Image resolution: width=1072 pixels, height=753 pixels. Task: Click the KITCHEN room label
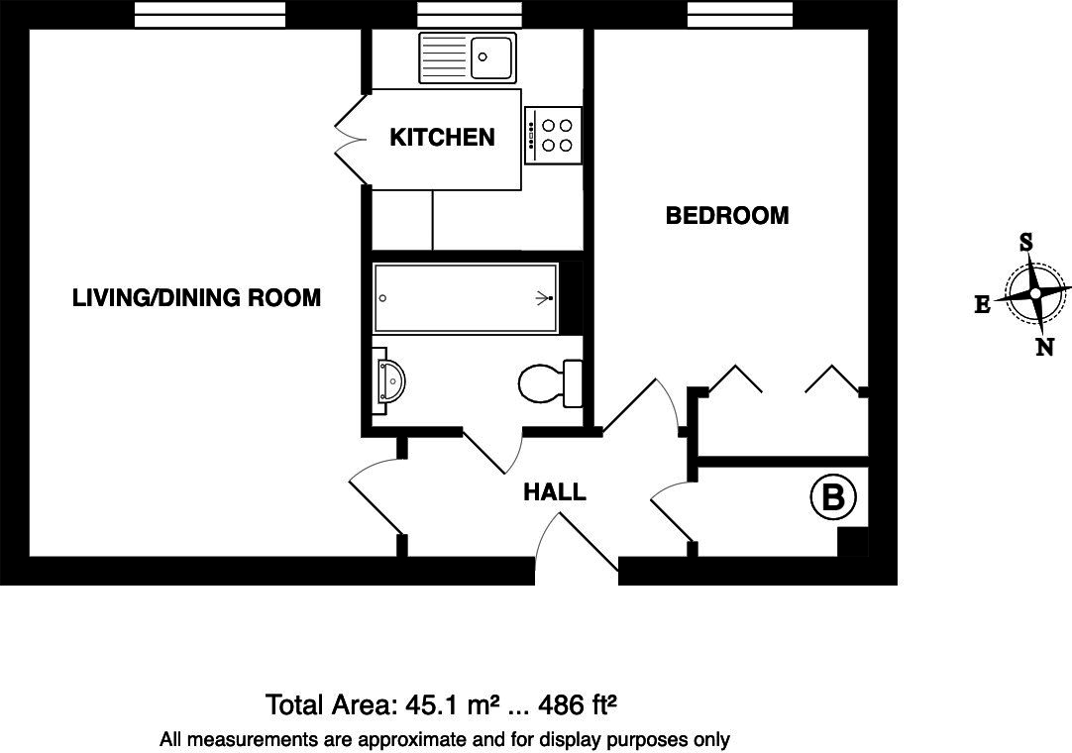point(442,138)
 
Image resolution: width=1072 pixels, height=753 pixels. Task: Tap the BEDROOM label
point(726,216)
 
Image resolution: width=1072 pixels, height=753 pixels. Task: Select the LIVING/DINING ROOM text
point(196,297)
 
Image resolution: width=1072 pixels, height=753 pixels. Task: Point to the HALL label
point(554,491)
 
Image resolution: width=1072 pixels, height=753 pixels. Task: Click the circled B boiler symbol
point(832,497)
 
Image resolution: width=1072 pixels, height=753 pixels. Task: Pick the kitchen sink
point(468,56)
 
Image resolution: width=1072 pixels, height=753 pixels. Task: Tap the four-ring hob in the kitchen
point(553,136)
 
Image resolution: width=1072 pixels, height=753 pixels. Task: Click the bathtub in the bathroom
point(465,297)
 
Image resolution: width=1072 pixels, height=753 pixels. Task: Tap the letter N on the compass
point(1044,347)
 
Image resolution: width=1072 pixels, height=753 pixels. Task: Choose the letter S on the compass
point(1026,243)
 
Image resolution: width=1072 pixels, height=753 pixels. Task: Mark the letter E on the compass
point(982,305)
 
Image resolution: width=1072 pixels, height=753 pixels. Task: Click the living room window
point(210,15)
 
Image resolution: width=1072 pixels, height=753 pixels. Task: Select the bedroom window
point(740,15)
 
